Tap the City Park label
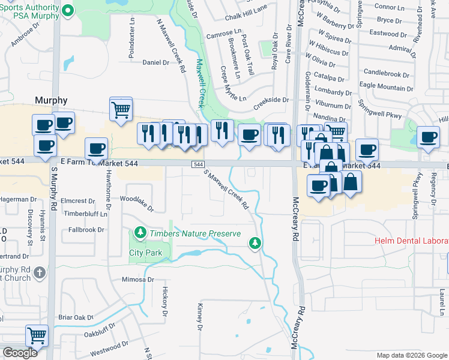click(146, 253)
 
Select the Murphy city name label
click(51, 100)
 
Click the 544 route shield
click(197, 164)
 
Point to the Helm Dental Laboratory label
click(412, 241)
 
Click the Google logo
click(20, 353)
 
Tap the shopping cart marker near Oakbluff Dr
click(37, 335)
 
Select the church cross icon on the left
click(40, 273)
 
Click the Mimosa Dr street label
click(137, 280)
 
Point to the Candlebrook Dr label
click(385, 71)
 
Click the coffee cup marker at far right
click(428, 138)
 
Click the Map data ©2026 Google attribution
click(411, 355)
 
